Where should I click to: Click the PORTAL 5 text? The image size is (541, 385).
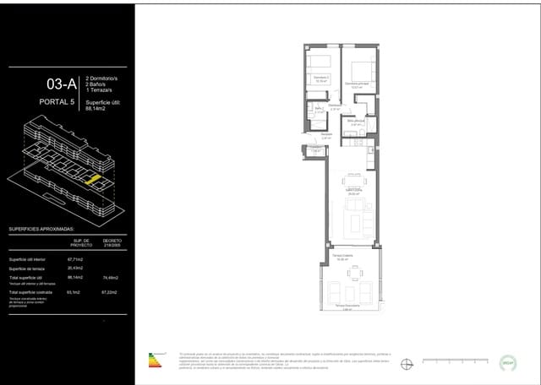pos(58,102)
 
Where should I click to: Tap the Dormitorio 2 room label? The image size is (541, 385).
pos(320,81)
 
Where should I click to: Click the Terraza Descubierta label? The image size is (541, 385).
pos(342,306)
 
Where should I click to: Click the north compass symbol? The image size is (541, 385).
pos(407,364)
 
